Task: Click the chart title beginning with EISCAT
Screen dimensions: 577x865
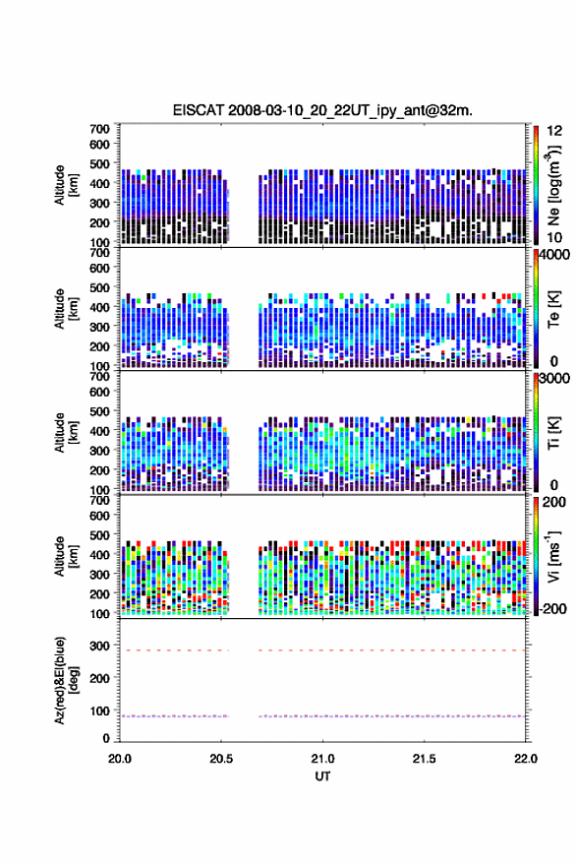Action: point(322,110)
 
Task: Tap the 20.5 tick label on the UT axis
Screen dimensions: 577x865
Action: point(221,759)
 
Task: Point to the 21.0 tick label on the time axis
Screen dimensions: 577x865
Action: point(322,759)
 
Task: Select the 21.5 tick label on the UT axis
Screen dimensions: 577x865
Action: point(424,759)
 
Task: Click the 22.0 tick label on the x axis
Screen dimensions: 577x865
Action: point(525,759)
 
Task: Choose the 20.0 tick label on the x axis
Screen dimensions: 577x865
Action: point(120,759)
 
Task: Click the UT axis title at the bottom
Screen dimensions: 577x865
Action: point(322,776)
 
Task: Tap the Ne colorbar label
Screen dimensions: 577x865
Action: point(553,185)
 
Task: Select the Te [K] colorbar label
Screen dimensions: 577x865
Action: point(553,309)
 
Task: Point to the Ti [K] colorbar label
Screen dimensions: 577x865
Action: point(553,433)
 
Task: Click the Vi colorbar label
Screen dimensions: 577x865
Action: point(553,557)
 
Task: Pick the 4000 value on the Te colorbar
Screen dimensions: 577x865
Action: point(554,256)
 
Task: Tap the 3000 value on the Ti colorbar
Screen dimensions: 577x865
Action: point(554,380)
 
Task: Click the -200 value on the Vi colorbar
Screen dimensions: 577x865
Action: point(553,609)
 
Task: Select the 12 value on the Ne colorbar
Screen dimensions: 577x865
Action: point(554,131)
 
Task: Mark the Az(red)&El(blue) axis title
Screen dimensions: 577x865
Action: point(66,680)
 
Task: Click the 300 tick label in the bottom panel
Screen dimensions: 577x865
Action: point(99,646)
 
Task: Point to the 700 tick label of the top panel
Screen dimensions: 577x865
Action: point(99,129)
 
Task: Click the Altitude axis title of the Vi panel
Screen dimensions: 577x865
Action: point(66,557)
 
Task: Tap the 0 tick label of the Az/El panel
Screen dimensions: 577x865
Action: point(106,738)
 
